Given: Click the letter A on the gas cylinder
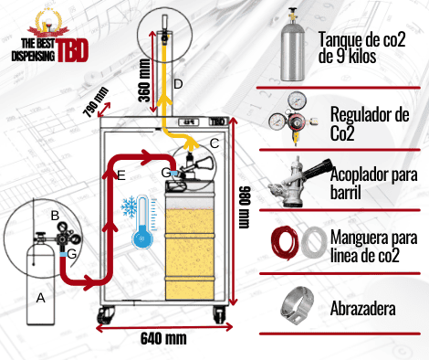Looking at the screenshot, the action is pos(41,298).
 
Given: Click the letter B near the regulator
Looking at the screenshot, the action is pos(55,216).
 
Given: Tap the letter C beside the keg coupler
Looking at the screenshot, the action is pos(214,143).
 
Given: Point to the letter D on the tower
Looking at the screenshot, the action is pos(178,84).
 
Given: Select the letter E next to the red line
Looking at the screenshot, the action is pos(121,175).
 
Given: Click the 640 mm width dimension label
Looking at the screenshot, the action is pos(163,338).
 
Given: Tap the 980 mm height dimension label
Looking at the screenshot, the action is pos(244,207).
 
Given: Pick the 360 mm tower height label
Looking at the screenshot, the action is pos(144,80).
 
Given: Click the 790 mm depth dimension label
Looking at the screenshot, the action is pos(96,102).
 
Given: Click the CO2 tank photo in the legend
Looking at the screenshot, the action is pos(292,45).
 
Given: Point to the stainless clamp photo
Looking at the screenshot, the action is pos(297,305).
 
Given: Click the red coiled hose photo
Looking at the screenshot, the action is pos(284,243).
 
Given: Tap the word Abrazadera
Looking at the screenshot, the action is pos(363,308).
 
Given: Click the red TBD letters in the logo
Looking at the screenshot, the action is pos(72,50).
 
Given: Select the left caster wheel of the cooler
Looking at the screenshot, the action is pos(106,315).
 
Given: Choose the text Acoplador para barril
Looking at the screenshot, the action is pos(373,183).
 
